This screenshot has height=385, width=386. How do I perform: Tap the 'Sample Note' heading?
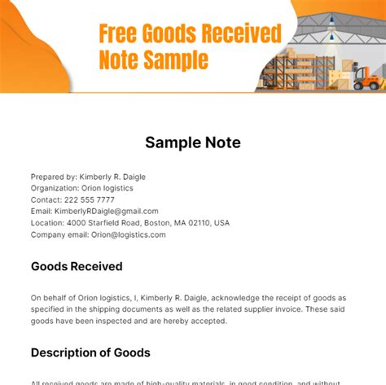[193, 142]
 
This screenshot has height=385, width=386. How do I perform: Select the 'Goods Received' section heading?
[77, 266]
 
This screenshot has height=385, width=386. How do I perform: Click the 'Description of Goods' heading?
[90, 352]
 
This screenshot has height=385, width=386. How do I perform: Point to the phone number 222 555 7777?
[90, 199]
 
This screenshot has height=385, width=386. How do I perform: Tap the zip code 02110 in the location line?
[200, 222]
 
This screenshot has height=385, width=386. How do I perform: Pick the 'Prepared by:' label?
[54, 176]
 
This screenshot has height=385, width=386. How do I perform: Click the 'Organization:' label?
[55, 187]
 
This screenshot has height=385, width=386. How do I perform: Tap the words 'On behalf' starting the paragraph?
[50, 298]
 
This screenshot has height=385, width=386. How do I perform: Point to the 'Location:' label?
[48, 222]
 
